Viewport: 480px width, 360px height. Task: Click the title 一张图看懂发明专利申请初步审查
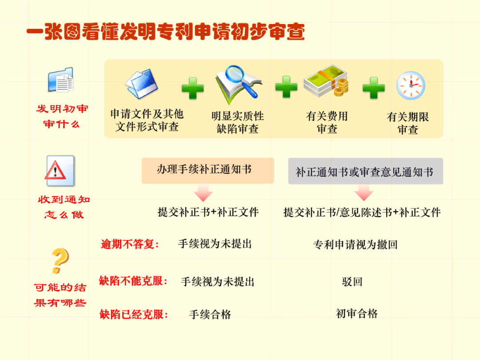point(165,32)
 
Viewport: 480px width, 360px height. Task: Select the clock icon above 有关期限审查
point(410,85)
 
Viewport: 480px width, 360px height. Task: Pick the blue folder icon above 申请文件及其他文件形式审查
point(141,83)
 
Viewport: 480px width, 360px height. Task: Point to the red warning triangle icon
point(56,171)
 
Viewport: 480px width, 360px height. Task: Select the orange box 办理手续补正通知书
point(208,170)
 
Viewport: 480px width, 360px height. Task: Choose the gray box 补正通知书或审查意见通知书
point(365,172)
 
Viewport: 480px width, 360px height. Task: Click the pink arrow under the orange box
point(204,193)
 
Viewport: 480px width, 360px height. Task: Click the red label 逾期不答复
point(130,244)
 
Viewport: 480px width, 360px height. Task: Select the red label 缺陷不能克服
point(133,281)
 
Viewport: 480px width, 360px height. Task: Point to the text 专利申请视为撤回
point(355,244)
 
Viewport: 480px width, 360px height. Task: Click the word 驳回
point(352,282)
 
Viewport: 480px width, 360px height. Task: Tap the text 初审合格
point(356,314)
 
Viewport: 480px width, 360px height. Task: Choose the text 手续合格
point(210,315)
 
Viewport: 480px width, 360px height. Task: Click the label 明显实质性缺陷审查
point(238,123)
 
